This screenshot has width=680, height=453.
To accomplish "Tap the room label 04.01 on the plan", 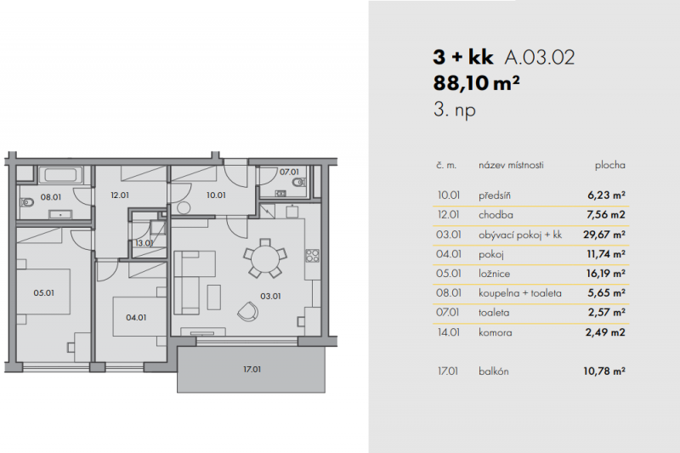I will click(136, 319).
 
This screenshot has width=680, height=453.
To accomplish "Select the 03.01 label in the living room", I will click(270, 297).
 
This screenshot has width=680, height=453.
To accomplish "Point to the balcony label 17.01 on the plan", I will click(252, 370).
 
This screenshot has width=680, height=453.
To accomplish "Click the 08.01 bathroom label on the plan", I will click(52, 196).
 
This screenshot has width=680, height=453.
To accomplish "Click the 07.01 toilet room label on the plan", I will click(291, 172).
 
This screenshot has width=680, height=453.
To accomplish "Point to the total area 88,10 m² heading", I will click(477, 83).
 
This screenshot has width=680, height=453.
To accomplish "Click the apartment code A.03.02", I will click(540, 58).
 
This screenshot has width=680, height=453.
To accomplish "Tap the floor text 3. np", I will click(452, 110).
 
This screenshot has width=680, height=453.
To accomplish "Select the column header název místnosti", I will click(511, 165).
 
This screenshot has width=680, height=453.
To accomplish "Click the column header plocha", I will click(609, 165).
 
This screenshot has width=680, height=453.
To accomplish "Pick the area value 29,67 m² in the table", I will click(606, 235).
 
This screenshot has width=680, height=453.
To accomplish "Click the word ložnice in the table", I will click(495, 274).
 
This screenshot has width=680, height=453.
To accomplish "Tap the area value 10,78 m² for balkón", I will click(606, 371).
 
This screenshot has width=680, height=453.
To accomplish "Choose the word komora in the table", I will click(496, 332).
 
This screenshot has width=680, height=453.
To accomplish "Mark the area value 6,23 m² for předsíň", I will click(606, 195).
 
